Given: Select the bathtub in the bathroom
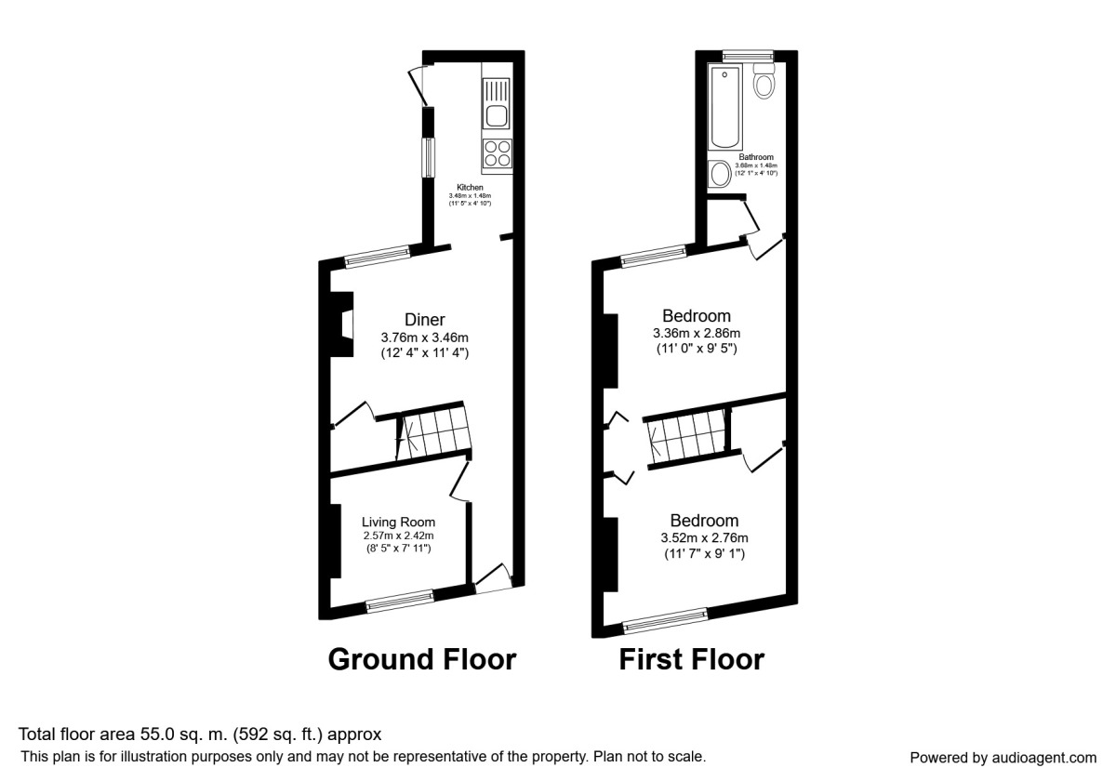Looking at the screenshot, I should (724, 108).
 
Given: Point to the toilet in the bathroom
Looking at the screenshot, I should (764, 82).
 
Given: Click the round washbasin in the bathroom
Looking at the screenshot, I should (720, 174).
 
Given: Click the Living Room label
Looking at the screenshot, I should (399, 522).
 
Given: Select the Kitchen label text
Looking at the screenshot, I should (470, 187).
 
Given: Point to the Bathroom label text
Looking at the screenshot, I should (755, 157).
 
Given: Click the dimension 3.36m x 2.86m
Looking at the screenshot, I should (696, 334).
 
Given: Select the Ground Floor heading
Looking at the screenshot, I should (421, 660).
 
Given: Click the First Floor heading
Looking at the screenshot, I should (691, 660).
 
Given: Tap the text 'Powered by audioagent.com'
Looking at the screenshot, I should (1003, 758).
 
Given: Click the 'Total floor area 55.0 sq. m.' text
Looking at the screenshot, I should (199, 735).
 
